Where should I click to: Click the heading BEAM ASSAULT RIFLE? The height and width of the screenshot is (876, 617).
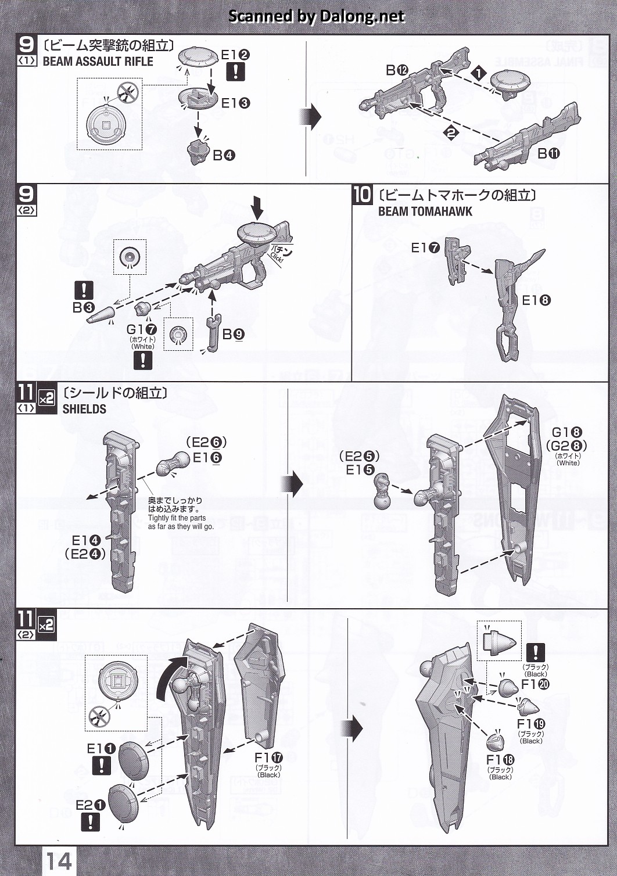[x=98, y=62]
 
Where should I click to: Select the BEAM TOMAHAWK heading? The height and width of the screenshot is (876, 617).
[x=425, y=211]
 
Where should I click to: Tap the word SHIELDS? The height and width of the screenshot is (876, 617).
[x=84, y=409]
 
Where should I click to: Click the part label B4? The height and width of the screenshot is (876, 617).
[x=224, y=155]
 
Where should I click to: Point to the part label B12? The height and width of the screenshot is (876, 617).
[x=397, y=70]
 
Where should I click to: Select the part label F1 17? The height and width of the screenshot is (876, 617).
[x=268, y=757]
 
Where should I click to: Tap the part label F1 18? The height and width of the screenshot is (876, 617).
[x=500, y=760]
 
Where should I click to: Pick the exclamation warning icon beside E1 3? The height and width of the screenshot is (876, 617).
[x=235, y=72]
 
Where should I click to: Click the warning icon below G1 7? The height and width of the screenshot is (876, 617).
[x=142, y=360]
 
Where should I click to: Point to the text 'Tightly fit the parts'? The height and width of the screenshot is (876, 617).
[x=177, y=518]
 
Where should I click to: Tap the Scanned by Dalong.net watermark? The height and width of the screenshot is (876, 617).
[x=316, y=16]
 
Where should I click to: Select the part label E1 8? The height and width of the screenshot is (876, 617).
[x=536, y=300]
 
